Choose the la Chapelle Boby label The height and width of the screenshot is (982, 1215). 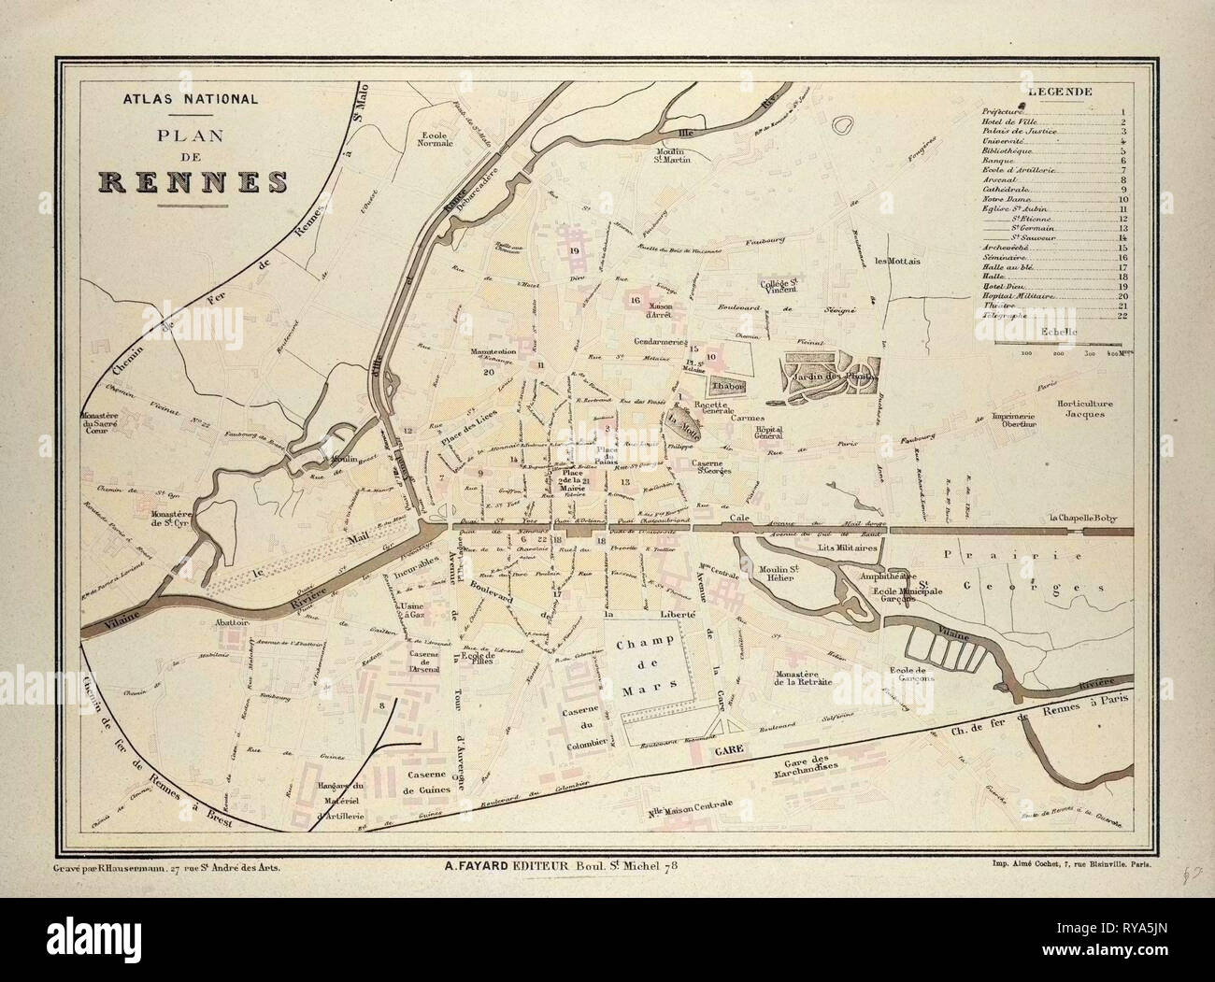[x=1088, y=518]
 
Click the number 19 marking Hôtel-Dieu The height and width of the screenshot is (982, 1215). [x=573, y=252]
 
